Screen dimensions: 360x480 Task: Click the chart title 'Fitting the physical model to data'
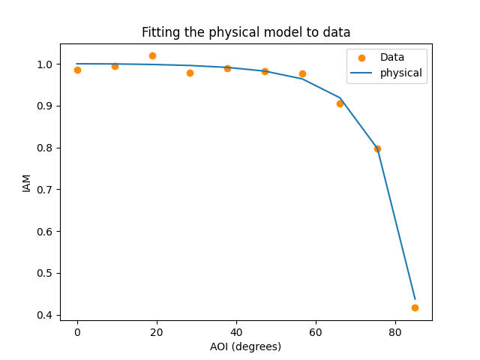point(246,32)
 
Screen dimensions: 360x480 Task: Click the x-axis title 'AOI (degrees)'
point(246,346)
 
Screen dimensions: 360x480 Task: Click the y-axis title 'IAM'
point(27,182)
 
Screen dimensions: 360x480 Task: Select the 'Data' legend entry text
point(392,57)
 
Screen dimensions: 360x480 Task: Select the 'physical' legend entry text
point(400,73)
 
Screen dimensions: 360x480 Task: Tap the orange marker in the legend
point(361,58)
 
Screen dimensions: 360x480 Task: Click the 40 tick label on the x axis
point(236,331)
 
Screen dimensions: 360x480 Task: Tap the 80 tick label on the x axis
point(395,331)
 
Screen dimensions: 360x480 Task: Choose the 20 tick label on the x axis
point(157,331)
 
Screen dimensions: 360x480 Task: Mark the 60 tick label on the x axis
point(316,331)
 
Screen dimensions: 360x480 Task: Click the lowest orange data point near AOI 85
point(415,307)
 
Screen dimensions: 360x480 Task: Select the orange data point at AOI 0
point(77,70)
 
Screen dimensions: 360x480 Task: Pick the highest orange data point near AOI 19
point(152,55)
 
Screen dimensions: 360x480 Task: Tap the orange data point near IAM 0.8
point(377,148)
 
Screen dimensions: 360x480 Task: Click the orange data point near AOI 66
point(340,103)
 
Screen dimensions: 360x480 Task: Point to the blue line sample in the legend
point(361,73)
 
